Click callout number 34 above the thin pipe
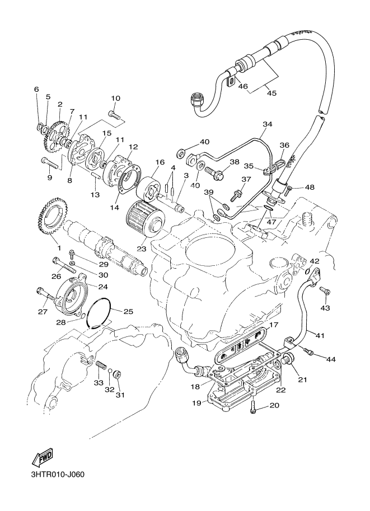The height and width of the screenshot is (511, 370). [x=266, y=124]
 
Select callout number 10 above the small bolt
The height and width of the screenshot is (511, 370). [x=115, y=99]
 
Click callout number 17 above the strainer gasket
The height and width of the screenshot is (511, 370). [x=273, y=325]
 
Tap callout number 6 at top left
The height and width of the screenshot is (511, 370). [x=37, y=89]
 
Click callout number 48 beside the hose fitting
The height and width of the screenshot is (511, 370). [x=310, y=187]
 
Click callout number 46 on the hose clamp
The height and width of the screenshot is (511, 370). [x=242, y=86]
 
